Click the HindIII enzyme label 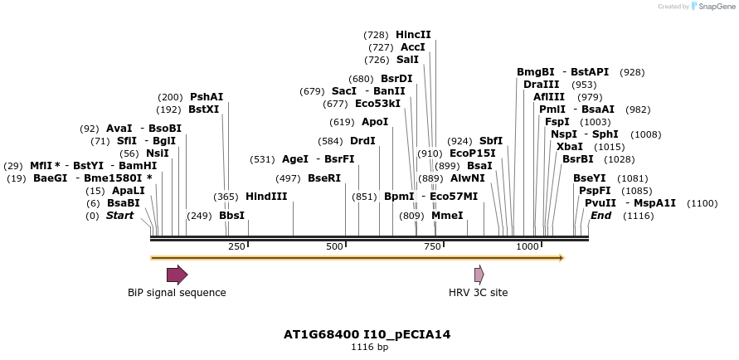pos(266,197)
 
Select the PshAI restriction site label pos(207,97)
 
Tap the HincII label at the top pos(413,35)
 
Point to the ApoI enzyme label pos(375,122)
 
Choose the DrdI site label pos(362,141)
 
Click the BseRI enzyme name pos(324,178)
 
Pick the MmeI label pos(447,216)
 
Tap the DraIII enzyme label pos(542,85)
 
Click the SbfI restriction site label pos(491,141)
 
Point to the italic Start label pos(119,216)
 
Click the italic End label pos(600,216)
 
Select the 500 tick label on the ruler pos(334,247)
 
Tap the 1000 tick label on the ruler pos(528,247)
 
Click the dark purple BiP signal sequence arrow pos(177,275)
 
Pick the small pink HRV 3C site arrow pos(479,275)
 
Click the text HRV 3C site pos(478,293)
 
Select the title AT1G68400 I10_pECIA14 pos(367,335)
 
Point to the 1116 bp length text pos(369,348)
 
